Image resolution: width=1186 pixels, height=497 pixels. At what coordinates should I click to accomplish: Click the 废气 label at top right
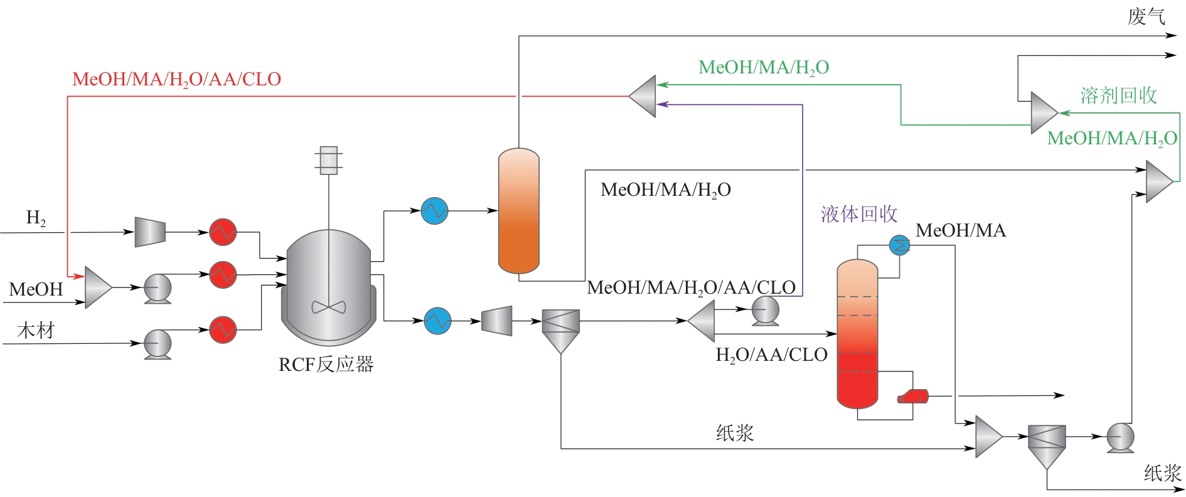point(1146,16)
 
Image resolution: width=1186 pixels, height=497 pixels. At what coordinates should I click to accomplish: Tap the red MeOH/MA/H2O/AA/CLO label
point(176,80)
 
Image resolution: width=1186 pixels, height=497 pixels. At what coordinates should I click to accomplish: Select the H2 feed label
point(36,218)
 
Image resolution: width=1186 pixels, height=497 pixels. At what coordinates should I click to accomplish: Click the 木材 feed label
point(36,330)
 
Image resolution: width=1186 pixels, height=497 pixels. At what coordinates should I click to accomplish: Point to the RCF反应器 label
point(326,364)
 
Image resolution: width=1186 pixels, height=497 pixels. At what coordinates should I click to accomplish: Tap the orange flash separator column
point(518,211)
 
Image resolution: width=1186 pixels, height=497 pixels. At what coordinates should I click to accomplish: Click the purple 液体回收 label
point(859,214)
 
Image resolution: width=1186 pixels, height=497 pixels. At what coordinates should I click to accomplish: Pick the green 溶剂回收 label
point(1118,95)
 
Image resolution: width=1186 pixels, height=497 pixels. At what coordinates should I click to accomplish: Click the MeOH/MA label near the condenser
point(961,231)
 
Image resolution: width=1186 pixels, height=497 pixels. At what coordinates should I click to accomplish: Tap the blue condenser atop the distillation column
point(900,245)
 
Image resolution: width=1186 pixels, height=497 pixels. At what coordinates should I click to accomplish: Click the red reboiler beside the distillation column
point(914,396)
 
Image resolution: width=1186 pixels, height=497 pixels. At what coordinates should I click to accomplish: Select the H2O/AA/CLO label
point(771,355)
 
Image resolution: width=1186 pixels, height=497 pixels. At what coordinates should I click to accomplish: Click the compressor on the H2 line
point(150,232)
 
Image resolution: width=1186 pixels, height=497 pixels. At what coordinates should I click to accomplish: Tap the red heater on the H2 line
point(223,232)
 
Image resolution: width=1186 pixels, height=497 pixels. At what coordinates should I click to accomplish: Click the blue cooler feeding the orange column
point(434,211)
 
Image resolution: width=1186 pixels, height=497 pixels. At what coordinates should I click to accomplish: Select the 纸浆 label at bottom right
point(1162,473)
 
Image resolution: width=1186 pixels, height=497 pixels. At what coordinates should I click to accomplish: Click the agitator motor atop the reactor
point(328,160)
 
